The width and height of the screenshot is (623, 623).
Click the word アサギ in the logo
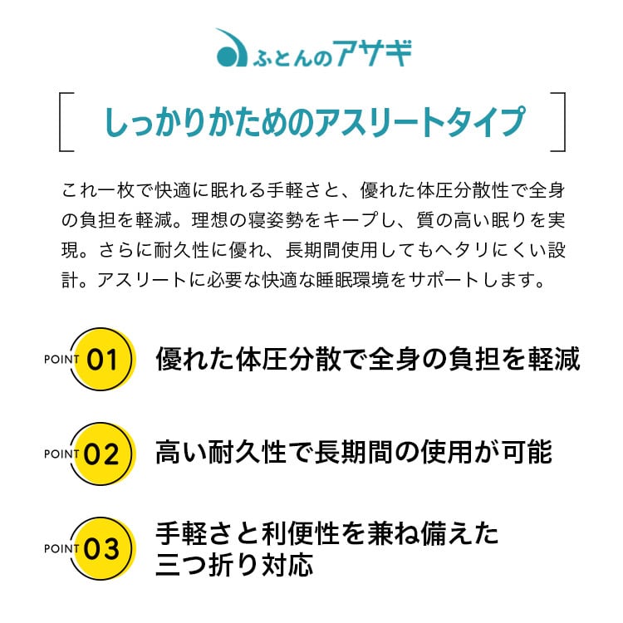[x=372, y=53]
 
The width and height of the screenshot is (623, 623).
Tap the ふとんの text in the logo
[x=292, y=58]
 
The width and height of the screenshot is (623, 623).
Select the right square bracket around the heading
[x=558, y=121]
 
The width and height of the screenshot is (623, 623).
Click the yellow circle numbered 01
[x=103, y=358]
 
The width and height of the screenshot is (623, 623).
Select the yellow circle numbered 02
[x=103, y=453]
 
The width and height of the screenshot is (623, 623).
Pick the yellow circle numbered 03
[x=103, y=548]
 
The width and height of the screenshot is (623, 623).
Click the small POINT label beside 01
[x=61, y=359]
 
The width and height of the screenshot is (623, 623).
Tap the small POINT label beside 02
[x=61, y=454]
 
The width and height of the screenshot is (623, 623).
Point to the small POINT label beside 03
[x=61, y=548]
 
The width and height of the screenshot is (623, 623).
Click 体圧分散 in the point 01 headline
[x=288, y=359]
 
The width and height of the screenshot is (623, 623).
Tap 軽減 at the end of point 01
[x=554, y=359]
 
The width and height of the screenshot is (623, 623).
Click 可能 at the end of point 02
[x=527, y=452]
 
